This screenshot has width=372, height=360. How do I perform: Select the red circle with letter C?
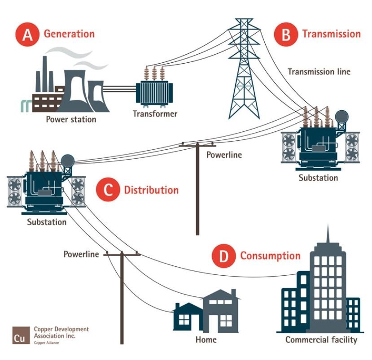[108, 190]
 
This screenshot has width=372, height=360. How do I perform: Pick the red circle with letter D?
[223, 256]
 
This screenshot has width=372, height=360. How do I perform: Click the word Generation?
[69, 34]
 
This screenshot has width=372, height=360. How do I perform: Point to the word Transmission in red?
[331, 34]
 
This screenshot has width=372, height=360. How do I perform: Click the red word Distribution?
[151, 190]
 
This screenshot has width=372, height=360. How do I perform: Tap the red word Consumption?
[270, 256]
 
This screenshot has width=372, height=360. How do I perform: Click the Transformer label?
[155, 113]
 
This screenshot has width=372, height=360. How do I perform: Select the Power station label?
[71, 119]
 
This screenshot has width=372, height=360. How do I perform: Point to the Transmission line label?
[319, 71]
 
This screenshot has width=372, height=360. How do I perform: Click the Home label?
[206, 339]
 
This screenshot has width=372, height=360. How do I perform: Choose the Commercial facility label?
[321, 339]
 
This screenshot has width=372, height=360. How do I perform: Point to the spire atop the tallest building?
[328, 233]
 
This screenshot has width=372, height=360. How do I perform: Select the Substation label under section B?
[318, 178]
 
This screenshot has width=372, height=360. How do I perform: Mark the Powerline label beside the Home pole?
[81, 254]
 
